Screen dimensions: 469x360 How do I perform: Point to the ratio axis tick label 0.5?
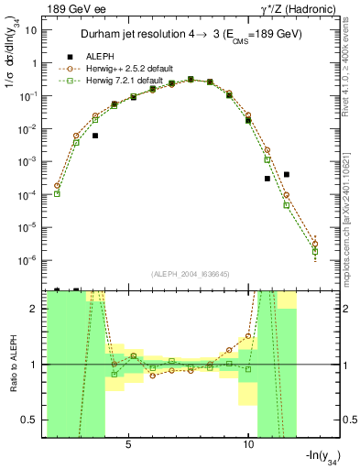click(x=32, y=420)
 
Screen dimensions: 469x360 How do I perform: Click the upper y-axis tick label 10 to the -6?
click(x=30, y=260)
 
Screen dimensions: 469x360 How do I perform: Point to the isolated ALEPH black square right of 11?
click(x=287, y=174)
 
